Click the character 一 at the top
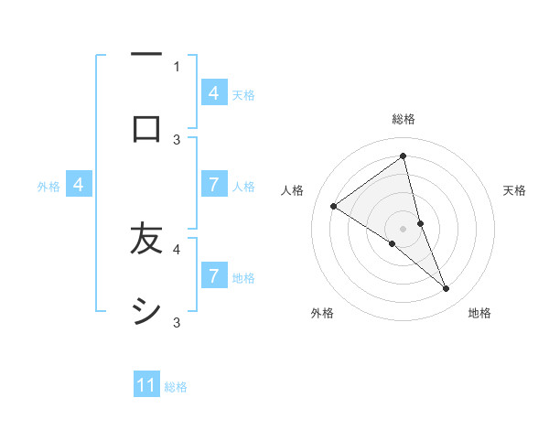click(x=146, y=56)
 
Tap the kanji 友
click(x=146, y=240)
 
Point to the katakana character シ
click(x=146, y=312)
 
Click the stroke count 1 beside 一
click(x=177, y=66)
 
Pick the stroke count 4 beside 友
click(x=177, y=248)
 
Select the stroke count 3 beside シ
click(x=177, y=322)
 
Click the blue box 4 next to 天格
click(x=213, y=92)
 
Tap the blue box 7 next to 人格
click(x=213, y=184)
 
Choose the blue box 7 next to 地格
click(x=213, y=275)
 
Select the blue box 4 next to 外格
click(x=78, y=185)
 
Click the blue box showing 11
click(x=146, y=385)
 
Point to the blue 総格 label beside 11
click(x=176, y=387)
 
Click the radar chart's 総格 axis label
click(x=404, y=120)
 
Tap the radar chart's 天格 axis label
click(x=515, y=190)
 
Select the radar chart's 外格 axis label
click(x=322, y=313)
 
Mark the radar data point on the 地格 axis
click(x=447, y=289)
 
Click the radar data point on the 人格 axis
click(x=333, y=206)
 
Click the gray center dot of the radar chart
click(x=404, y=228)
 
